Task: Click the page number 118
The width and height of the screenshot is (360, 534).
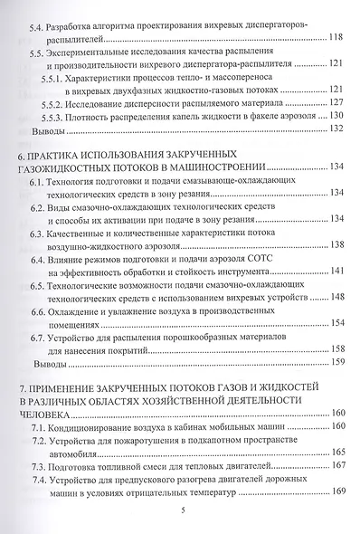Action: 337,38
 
